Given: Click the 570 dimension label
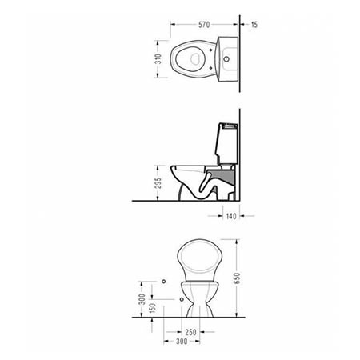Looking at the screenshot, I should [x=204, y=25].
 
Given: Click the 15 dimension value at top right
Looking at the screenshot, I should [x=254, y=25].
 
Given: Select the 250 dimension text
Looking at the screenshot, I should [x=190, y=333].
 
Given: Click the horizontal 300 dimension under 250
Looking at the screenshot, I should [x=190, y=342].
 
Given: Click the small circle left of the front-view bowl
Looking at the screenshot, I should [x=163, y=282].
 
